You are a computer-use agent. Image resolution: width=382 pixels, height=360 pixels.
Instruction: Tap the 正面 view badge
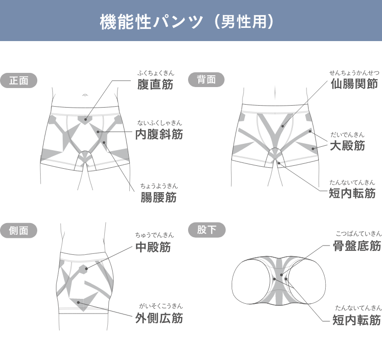19,80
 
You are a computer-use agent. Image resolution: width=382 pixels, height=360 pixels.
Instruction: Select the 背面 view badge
206,80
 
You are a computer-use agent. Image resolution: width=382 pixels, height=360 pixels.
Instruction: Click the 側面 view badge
19,231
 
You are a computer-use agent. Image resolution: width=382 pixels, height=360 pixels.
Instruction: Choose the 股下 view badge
207,229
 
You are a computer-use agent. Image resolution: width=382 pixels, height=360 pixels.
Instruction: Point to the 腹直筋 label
155,85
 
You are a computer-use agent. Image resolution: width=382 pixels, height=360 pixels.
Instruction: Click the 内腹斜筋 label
159,134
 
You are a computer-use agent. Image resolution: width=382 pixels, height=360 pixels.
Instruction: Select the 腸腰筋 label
158,198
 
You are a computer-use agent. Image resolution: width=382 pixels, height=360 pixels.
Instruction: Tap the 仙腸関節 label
354,84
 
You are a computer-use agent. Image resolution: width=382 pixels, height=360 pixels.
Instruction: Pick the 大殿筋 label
347,146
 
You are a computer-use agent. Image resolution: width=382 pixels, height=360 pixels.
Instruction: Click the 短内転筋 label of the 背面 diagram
352,194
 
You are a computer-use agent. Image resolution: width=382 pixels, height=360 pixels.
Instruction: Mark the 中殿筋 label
153,247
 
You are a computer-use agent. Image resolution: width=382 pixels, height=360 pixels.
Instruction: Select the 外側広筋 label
159,318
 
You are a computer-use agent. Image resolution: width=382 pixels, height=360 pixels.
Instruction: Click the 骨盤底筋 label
357,246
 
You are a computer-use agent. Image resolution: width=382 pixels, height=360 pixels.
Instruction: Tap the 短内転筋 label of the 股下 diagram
357,320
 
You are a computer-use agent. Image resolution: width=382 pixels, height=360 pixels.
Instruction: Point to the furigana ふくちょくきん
155,73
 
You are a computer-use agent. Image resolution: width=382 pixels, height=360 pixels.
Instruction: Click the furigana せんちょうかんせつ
354,73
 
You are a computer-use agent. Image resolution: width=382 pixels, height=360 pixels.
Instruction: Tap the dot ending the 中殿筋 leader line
86,269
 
